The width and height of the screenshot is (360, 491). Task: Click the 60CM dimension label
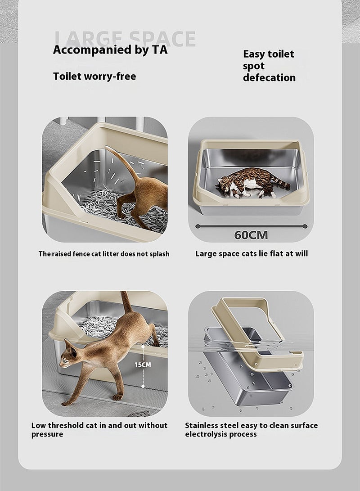click(x=251, y=235)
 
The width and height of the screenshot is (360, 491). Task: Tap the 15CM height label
click(x=143, y=365)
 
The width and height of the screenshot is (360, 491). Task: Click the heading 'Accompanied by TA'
click(x=110, y=50)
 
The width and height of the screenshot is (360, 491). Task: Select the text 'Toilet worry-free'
click(x=94, y=76)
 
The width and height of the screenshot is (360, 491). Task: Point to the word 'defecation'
click(x=269, y=78)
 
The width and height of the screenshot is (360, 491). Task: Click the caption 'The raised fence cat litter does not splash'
click(x=104, y=254)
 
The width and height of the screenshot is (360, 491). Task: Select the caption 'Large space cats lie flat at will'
click(x=252, y=253)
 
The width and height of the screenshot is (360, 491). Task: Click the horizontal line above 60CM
click(x=251, y=226)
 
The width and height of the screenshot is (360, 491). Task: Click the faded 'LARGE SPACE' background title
click(x=125, y=39)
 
